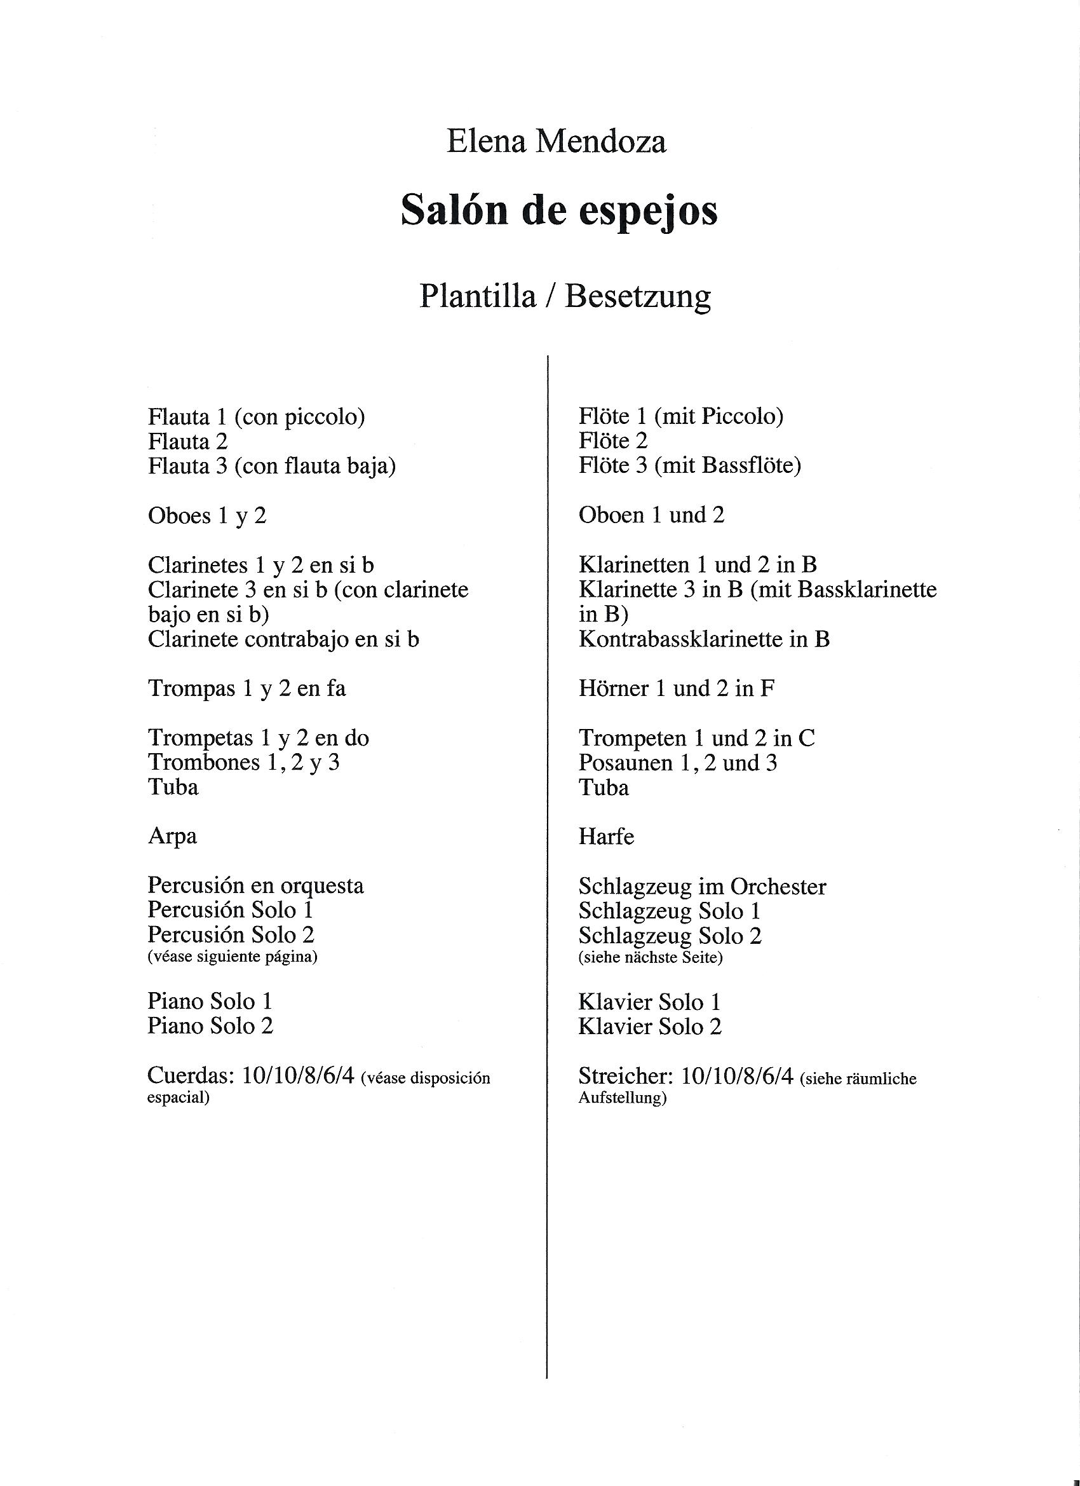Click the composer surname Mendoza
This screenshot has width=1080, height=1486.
point(600,143)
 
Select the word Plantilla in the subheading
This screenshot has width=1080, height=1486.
point(478,297)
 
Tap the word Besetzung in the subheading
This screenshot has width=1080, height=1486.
point(637,297)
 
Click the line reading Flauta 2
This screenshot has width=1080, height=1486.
point(188,442)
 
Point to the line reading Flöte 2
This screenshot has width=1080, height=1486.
point(613,441)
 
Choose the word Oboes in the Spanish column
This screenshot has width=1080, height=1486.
point(179,516)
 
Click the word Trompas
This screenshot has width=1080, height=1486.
point(192,688)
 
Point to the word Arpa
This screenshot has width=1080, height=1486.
point(172,836)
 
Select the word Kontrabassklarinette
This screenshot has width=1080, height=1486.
point(680,639)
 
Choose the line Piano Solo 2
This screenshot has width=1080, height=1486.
point(210,1026)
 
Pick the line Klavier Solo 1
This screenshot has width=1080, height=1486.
point(649,1002)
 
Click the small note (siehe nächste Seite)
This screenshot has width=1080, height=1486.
point(651,958)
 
